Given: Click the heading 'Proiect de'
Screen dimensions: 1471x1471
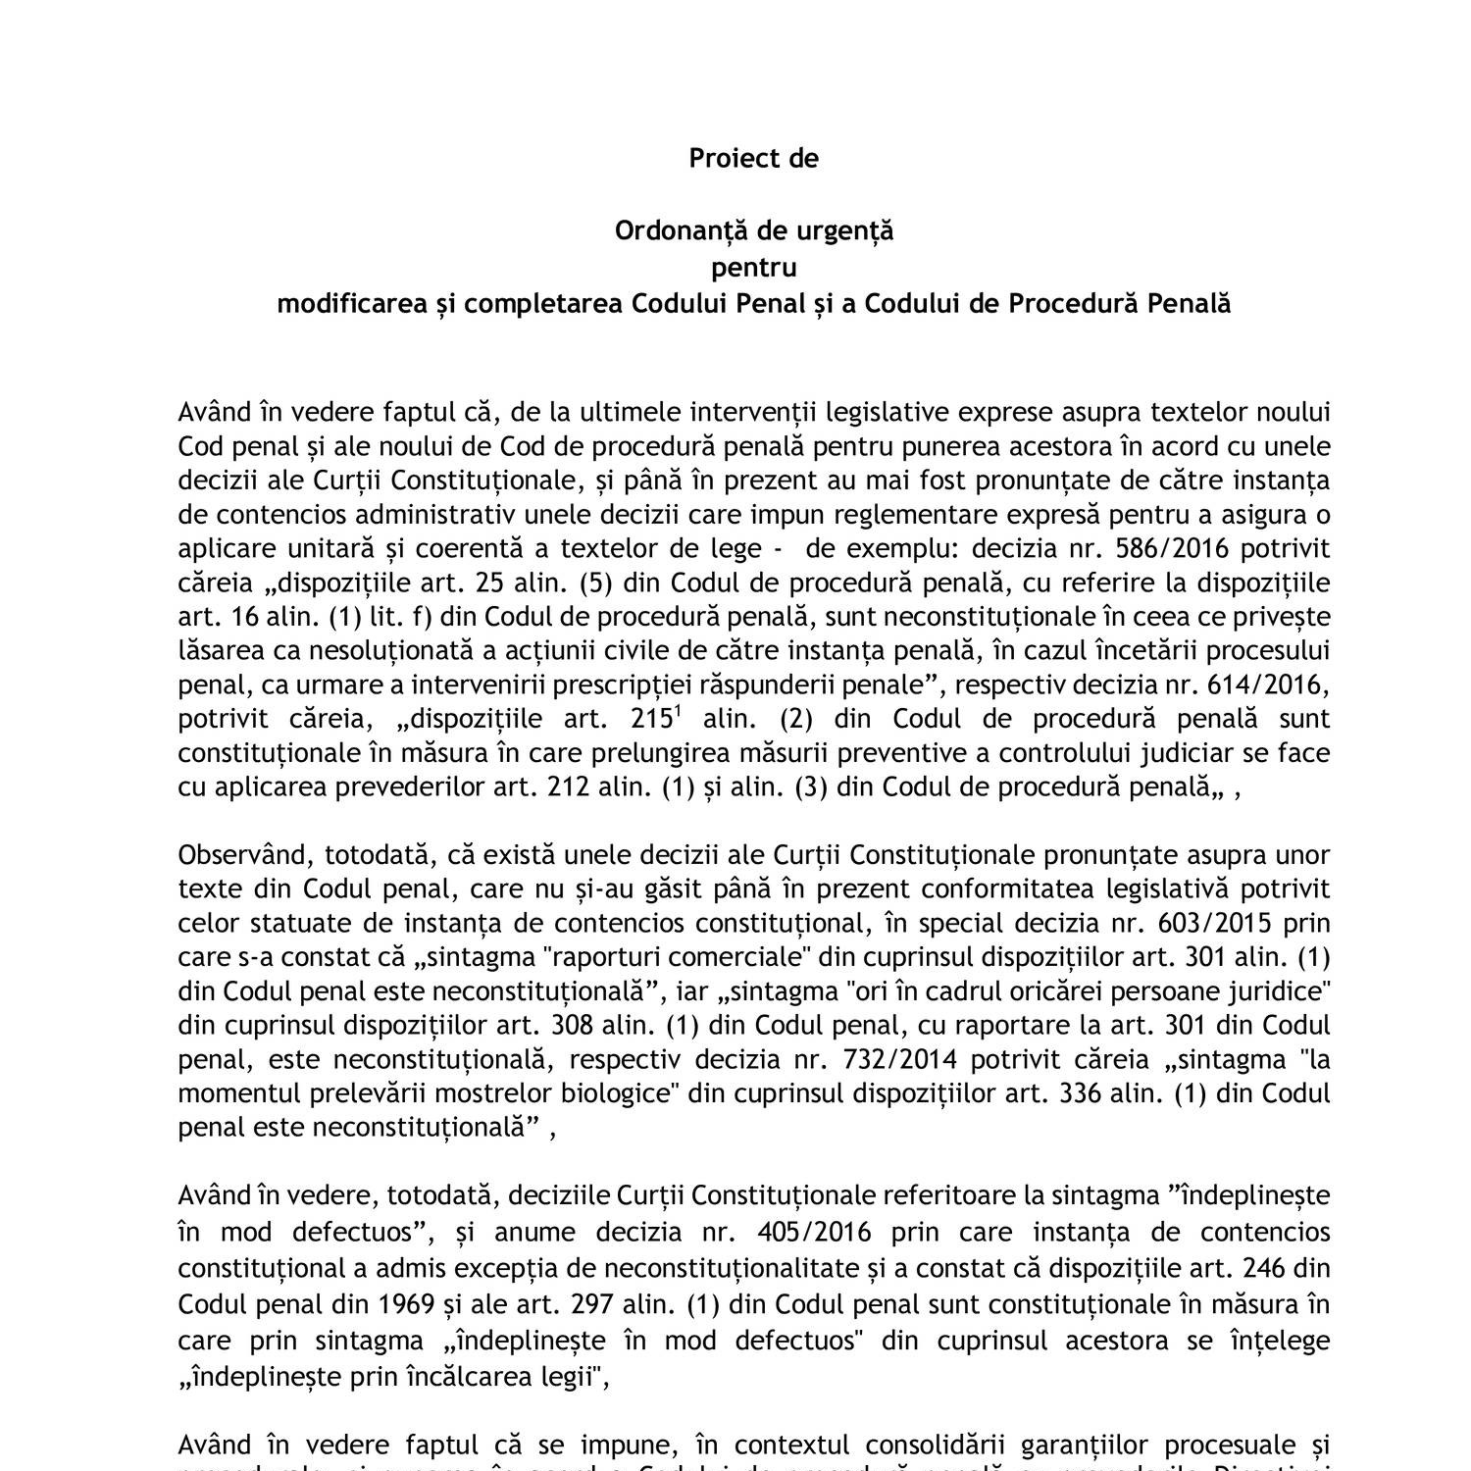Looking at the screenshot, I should pos(753,158).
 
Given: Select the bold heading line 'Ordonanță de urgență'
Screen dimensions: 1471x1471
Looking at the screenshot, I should pos(753,230).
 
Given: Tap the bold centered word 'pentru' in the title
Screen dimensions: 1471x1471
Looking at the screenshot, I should pos(753,267).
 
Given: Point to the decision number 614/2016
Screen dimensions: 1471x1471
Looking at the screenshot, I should pos(1275,685).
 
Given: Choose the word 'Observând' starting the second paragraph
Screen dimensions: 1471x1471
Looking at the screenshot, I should pos(236,855).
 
